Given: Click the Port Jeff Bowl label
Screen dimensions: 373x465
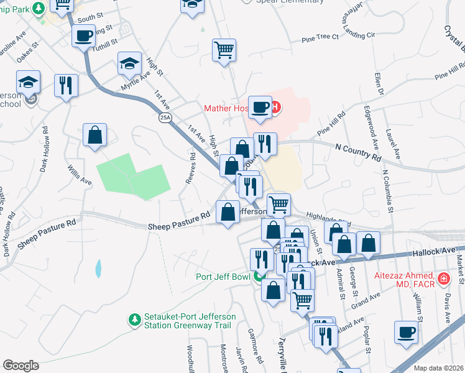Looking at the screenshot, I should tap(223, 277).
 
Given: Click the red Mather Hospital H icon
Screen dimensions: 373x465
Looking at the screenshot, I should tap(274, 108).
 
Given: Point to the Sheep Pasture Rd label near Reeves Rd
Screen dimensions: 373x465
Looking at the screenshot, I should tap(179, 226).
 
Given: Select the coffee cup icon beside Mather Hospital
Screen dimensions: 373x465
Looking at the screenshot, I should tap(260, 107).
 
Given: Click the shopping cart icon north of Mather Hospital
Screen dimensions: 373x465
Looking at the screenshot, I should tap(224, 50).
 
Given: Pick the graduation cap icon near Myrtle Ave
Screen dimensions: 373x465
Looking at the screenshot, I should tap(131, 63).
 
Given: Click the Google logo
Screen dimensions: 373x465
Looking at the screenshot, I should tap(21, 365).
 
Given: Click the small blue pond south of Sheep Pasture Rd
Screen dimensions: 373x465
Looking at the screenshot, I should tap(98, 269).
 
